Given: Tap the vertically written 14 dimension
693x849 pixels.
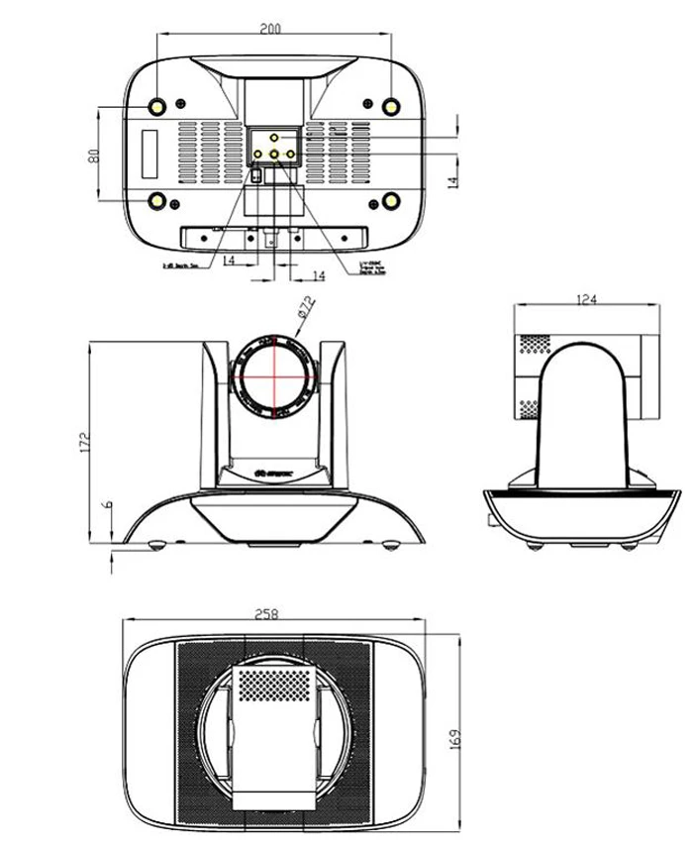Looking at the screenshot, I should [452, 182].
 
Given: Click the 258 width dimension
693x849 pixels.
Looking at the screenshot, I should [267, 615].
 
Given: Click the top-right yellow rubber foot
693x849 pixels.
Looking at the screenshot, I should [392, 106].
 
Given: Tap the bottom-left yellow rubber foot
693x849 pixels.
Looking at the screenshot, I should [157, 201].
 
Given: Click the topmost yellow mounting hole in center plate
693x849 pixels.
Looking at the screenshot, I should [275, 136].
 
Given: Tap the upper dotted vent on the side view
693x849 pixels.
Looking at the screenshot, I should [534, 343].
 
